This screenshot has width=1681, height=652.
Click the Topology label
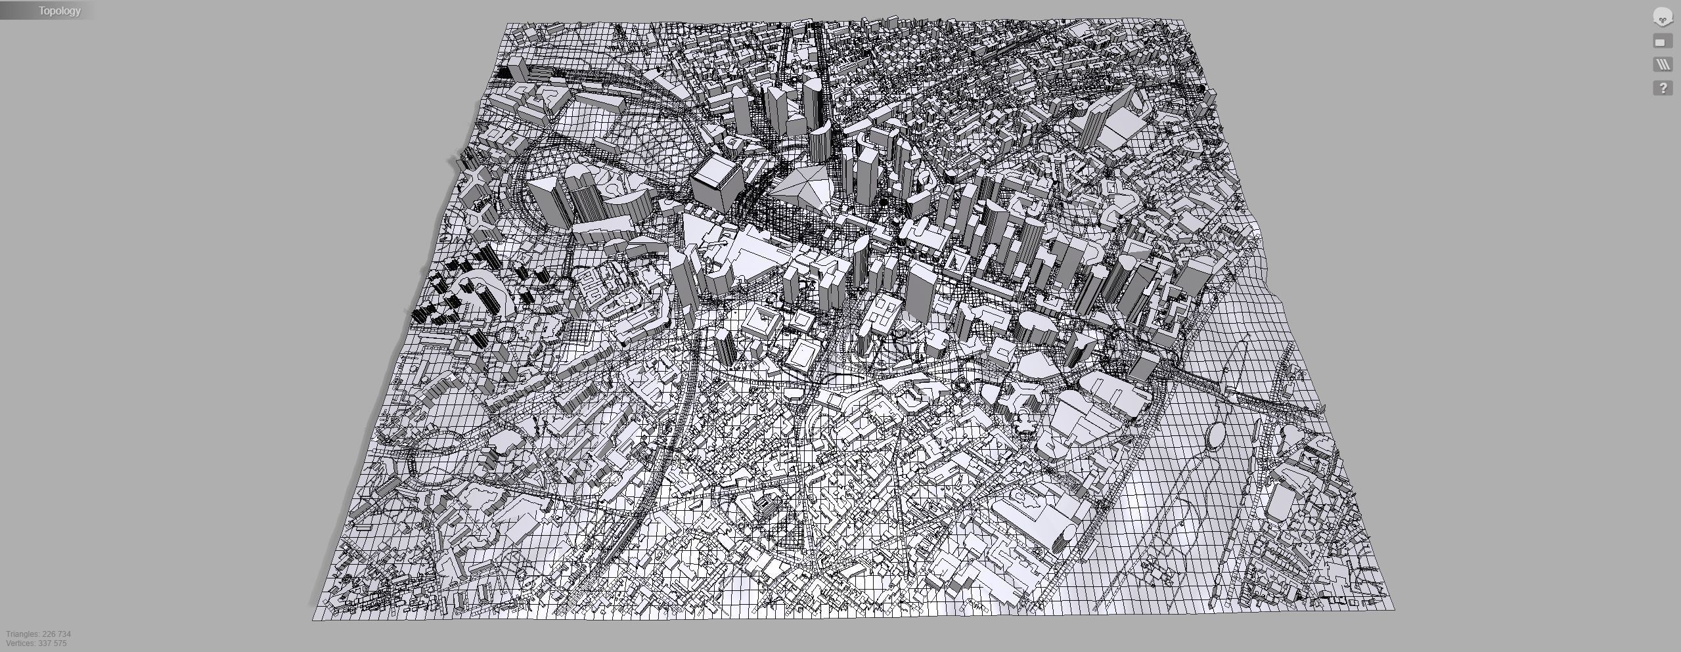click(59, 11)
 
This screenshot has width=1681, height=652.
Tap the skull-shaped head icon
click(1662, 18)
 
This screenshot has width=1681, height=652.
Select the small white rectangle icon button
click(1662, 42)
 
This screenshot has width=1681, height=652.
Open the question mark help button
click(1663, 88)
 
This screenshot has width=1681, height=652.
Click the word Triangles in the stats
click(22, 634)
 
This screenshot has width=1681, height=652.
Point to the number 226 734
click(56, 634)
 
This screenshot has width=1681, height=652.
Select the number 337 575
click(55, 643)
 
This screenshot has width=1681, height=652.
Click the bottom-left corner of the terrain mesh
click(313, 619)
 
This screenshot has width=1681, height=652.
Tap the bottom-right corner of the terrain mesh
click(1393, 609)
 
